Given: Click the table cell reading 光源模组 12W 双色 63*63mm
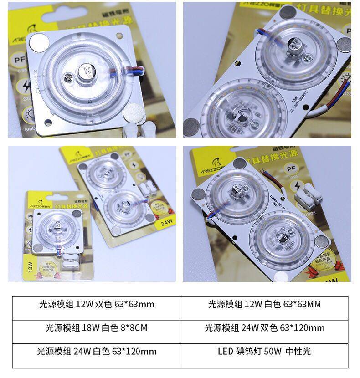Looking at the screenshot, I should pos(96,304).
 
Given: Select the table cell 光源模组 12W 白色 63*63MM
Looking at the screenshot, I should pos(264,304).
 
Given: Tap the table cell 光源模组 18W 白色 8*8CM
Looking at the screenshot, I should pos(96,327).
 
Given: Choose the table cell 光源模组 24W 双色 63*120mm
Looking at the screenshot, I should pos(264,327).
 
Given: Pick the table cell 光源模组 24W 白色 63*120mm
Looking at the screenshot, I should pos(96,351).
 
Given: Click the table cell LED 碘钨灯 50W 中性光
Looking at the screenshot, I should pos(264,351).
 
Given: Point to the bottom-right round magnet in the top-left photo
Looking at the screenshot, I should pos(134,110).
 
